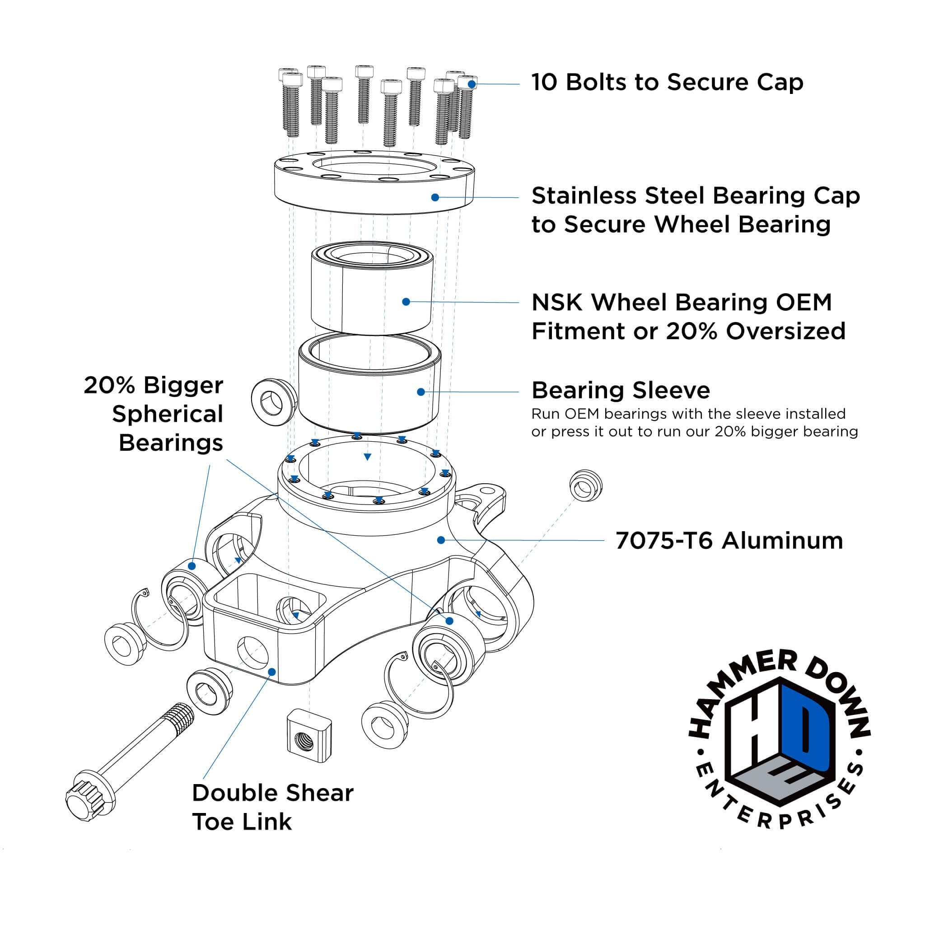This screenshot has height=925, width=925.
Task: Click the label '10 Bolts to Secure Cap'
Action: (667, 82)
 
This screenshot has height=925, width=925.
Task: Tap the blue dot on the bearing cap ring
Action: (435, 197)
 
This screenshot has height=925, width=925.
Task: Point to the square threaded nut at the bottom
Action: (309, 735)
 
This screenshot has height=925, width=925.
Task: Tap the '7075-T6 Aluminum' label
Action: (729, 541)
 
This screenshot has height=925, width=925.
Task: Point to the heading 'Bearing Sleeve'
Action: (621, 390)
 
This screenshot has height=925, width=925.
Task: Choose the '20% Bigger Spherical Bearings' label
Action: (158, 414)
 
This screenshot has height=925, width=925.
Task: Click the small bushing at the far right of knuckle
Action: (585, 486)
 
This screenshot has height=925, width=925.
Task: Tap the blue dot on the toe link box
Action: (271, 672)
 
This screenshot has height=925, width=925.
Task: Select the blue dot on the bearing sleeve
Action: (421, 392)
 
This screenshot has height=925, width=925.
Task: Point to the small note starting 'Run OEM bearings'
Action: (694, 422)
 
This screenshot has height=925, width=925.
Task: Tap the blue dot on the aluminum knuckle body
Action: (441, 540)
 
